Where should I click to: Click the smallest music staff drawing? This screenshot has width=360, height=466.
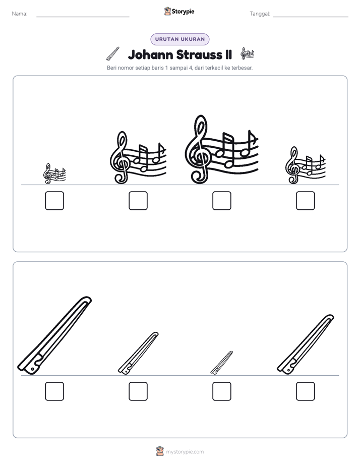point(54,174)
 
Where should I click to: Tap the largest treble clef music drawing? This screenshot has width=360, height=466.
point(221,149)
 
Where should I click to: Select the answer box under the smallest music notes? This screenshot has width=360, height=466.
point(54,201)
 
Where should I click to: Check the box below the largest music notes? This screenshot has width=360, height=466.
point(221,201)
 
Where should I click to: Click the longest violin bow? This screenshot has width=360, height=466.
point(54,335)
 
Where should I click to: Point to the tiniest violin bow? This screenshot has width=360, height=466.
point(221,363)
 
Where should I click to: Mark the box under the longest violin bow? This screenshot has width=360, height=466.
point(54,391)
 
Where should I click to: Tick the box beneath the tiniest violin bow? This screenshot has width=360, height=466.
point(221,391)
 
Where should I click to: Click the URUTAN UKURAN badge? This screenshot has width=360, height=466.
point(180,39)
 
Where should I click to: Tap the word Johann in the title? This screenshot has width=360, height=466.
point(150,55)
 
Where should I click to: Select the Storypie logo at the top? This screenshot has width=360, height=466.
point(179,12)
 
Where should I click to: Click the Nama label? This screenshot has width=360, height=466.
point(20,14)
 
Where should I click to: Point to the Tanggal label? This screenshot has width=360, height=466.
point(260,14)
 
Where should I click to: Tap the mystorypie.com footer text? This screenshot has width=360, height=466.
point(185,452)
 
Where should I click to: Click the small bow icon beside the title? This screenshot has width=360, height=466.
point(113,53)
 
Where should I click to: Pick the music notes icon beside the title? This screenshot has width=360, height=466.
point(248,53)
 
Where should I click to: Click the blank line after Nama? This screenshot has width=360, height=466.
point(83,17)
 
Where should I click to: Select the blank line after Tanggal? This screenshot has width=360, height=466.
point(311,17)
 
